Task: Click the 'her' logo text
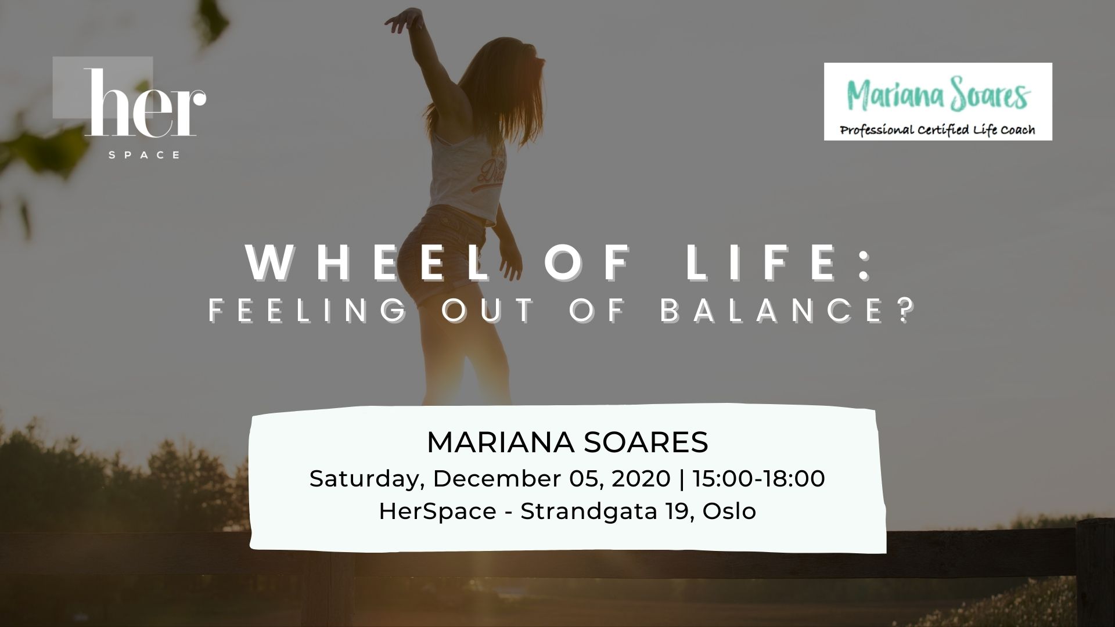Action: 145,103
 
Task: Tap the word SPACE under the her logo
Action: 145,155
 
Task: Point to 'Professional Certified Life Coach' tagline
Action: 937,129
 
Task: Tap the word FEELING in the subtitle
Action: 308,310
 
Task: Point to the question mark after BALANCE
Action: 903,310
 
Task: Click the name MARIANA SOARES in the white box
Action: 567,442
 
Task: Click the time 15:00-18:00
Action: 758,478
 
